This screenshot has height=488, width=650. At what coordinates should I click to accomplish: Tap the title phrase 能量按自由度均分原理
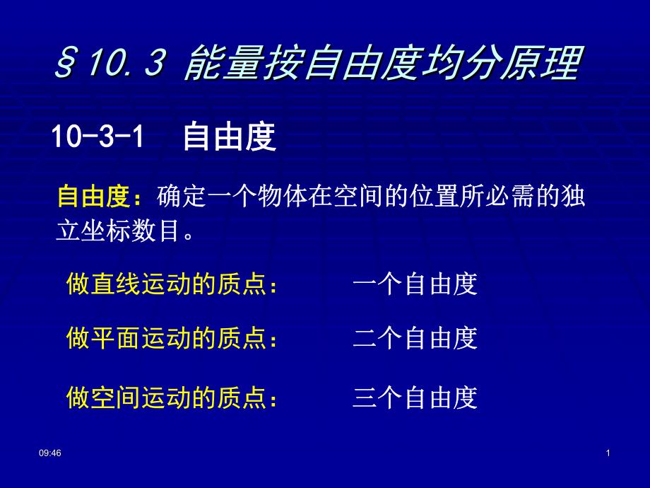[x=382, y=64]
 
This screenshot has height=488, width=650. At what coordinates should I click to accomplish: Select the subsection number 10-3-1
[x=97, y=136]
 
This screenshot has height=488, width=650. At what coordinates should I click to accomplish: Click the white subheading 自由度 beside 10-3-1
[x=228, y=137]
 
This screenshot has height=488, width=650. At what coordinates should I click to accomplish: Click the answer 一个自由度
[x=415, y=284]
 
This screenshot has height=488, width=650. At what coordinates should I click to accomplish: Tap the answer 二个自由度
[x=415, y=338]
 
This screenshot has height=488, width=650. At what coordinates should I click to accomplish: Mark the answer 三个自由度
[x=415, y=398]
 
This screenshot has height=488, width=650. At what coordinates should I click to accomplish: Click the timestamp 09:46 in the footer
[x=50, y=453]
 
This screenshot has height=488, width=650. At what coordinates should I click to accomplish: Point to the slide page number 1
[x=608, y=453]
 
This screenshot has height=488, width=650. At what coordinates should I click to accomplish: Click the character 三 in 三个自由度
[x=365, y=398]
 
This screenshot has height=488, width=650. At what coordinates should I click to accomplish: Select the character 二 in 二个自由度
[x=365, y=338]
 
